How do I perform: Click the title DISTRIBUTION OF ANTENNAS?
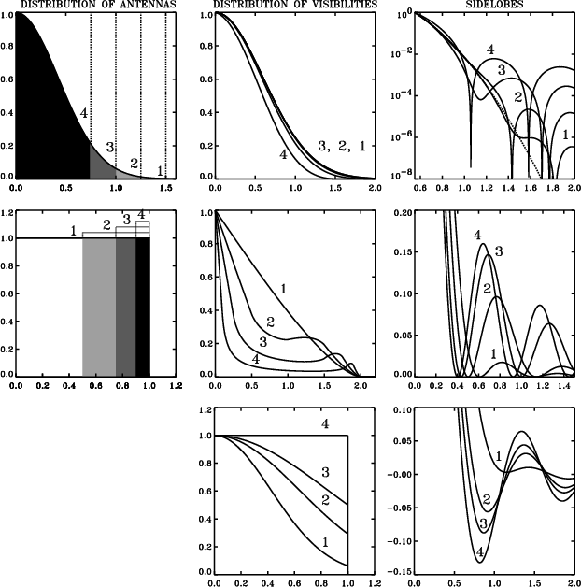click(x=100, y=5)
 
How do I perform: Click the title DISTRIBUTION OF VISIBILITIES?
click(x=292, y=5)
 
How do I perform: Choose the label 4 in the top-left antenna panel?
click(x=84, y=113)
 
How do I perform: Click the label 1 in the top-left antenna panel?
click(x=160, y=170)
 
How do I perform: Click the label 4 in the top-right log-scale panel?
click(x=489, y=49)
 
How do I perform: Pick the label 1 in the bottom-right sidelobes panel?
click(x=498, y=456)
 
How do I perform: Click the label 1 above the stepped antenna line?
click(x=73, y=230)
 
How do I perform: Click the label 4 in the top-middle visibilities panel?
click(x=282, y=153)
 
